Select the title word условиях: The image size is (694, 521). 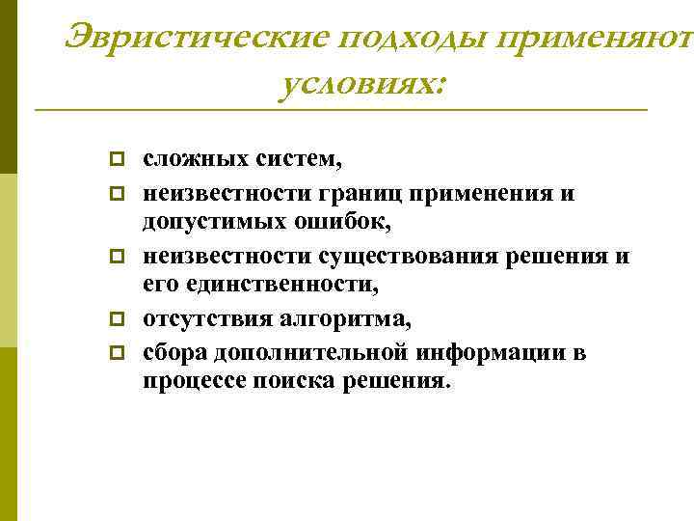pos(362,86)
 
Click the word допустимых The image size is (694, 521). pos(212,222)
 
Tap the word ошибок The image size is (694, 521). pos(340,222)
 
